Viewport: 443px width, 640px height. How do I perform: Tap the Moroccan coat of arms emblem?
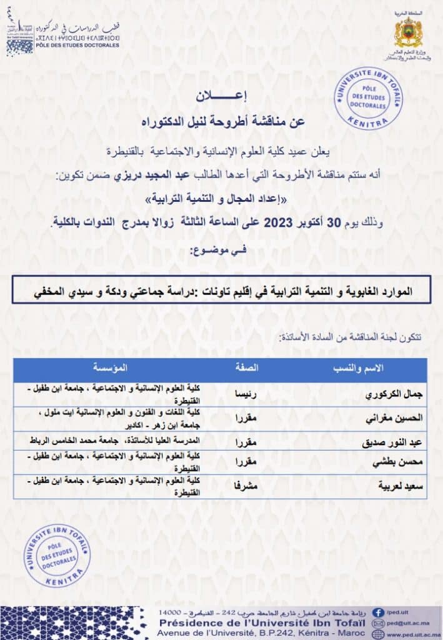pyautogui.click(x=409, y=32)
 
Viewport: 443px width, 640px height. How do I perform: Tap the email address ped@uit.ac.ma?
pyautogui.click(x=407, y=624)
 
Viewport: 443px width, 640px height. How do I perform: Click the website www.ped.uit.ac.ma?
pyautogui.click(x=413, y=635)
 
